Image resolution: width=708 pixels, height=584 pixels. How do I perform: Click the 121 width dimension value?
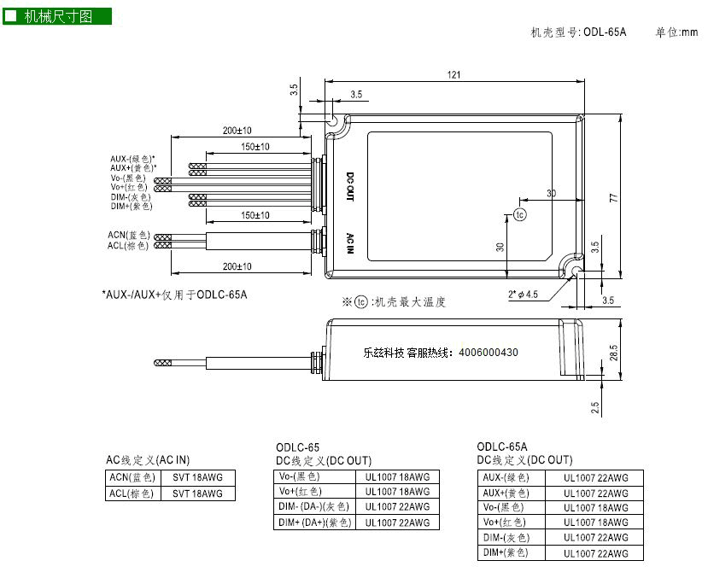point(453,74)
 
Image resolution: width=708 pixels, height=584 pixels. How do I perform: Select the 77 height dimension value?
point(614,198)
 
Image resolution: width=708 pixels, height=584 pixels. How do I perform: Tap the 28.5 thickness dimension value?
point(614,353)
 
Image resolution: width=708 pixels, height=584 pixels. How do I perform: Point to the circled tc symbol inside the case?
point(520,214)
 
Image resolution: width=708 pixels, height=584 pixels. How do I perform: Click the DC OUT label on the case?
point(350,186)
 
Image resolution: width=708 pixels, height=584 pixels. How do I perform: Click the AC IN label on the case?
point(350,243)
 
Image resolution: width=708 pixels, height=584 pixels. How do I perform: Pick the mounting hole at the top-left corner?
point(332,120)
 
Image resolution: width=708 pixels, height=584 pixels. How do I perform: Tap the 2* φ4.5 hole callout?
point(523,295)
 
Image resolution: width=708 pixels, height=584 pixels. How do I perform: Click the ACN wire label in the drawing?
point(129,235)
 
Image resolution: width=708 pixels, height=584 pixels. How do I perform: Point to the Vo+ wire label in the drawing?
point(129,187)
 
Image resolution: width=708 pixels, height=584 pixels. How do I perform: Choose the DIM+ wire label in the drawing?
point(132,207)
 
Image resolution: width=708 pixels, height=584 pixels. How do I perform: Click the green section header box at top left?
point(57,17)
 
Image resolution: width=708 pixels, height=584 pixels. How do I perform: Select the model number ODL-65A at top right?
point(605,32)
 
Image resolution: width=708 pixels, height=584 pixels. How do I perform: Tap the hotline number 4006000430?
point(489,353)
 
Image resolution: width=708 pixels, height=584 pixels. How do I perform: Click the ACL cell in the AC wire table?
point(132,493)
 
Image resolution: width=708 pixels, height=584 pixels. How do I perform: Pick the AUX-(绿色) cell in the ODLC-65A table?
point(511,478)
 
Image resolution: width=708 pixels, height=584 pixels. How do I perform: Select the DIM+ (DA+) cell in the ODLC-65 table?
point(315,523)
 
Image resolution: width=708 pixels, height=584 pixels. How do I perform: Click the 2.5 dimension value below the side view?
point(595,407)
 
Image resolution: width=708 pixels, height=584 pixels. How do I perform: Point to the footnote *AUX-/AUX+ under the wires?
point(174,295)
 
